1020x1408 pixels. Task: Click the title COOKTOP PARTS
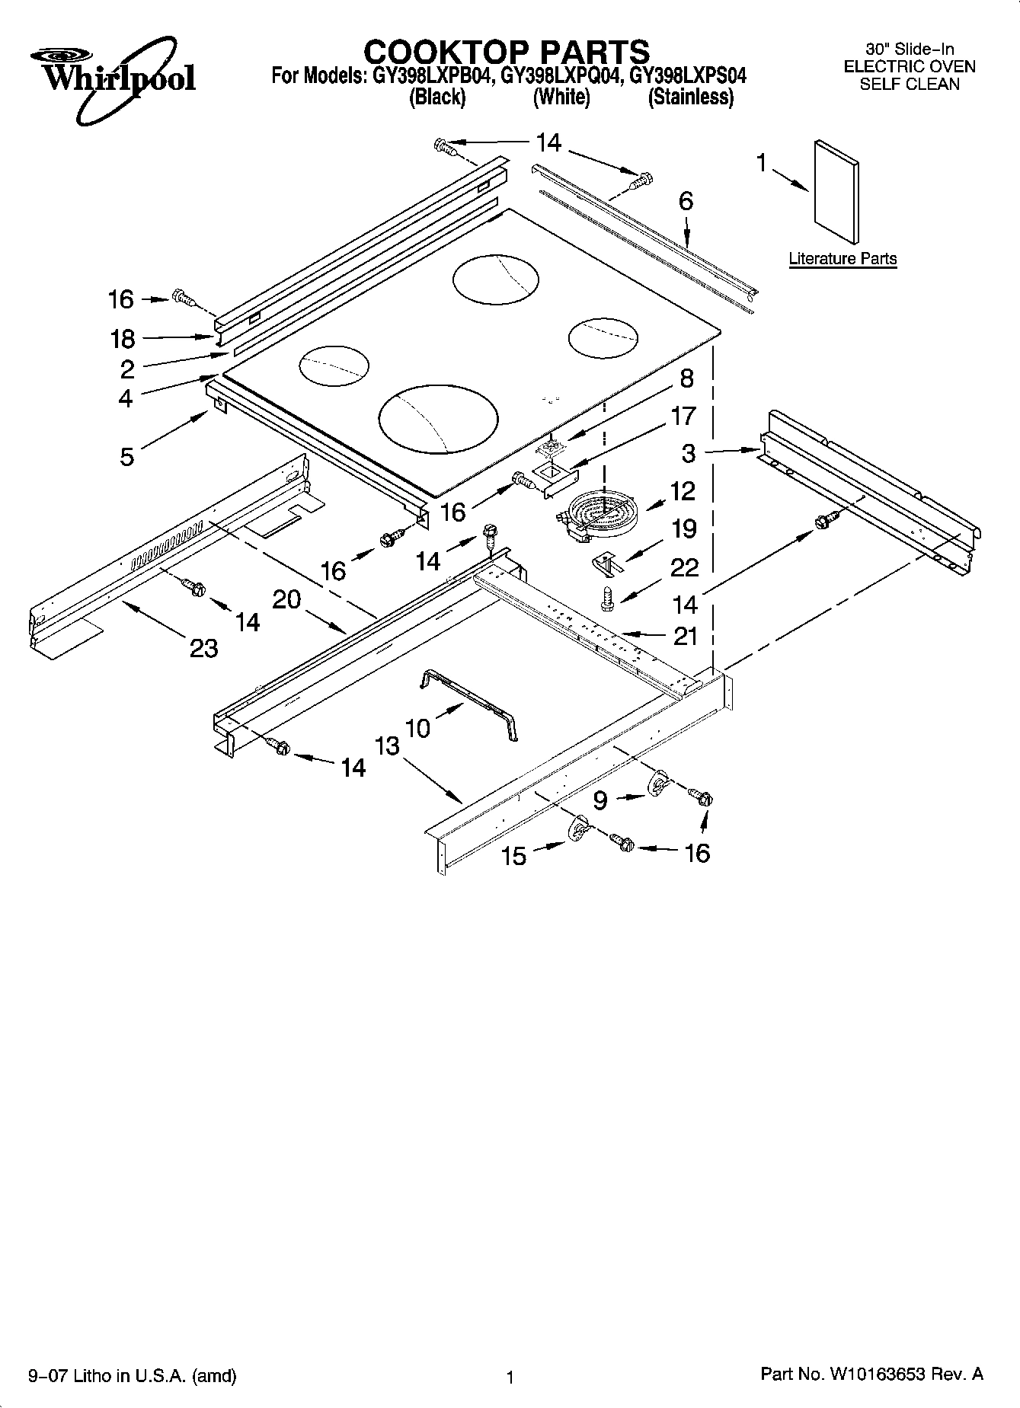(x=507, y=52)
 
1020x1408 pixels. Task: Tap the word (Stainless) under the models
(x=690, y=97)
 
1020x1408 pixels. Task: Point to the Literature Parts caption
(x=843, y=258)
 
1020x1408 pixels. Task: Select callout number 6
(x=686, y=202)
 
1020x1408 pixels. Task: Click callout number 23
(x=203, y=648)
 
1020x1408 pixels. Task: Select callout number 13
(x=387, y=746)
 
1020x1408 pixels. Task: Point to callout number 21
(x=686, y=635)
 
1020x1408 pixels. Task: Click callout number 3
(x=688, y=454)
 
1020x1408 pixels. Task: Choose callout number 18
(x=123, y=339)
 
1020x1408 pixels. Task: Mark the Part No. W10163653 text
(x=871, y=1374)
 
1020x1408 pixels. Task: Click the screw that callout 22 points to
(x=608, y=599)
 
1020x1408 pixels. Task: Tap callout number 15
(x=514, y=856)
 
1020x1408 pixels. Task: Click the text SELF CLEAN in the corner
(x=909, y=85)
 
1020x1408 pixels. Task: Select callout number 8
(x=686, y=378)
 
